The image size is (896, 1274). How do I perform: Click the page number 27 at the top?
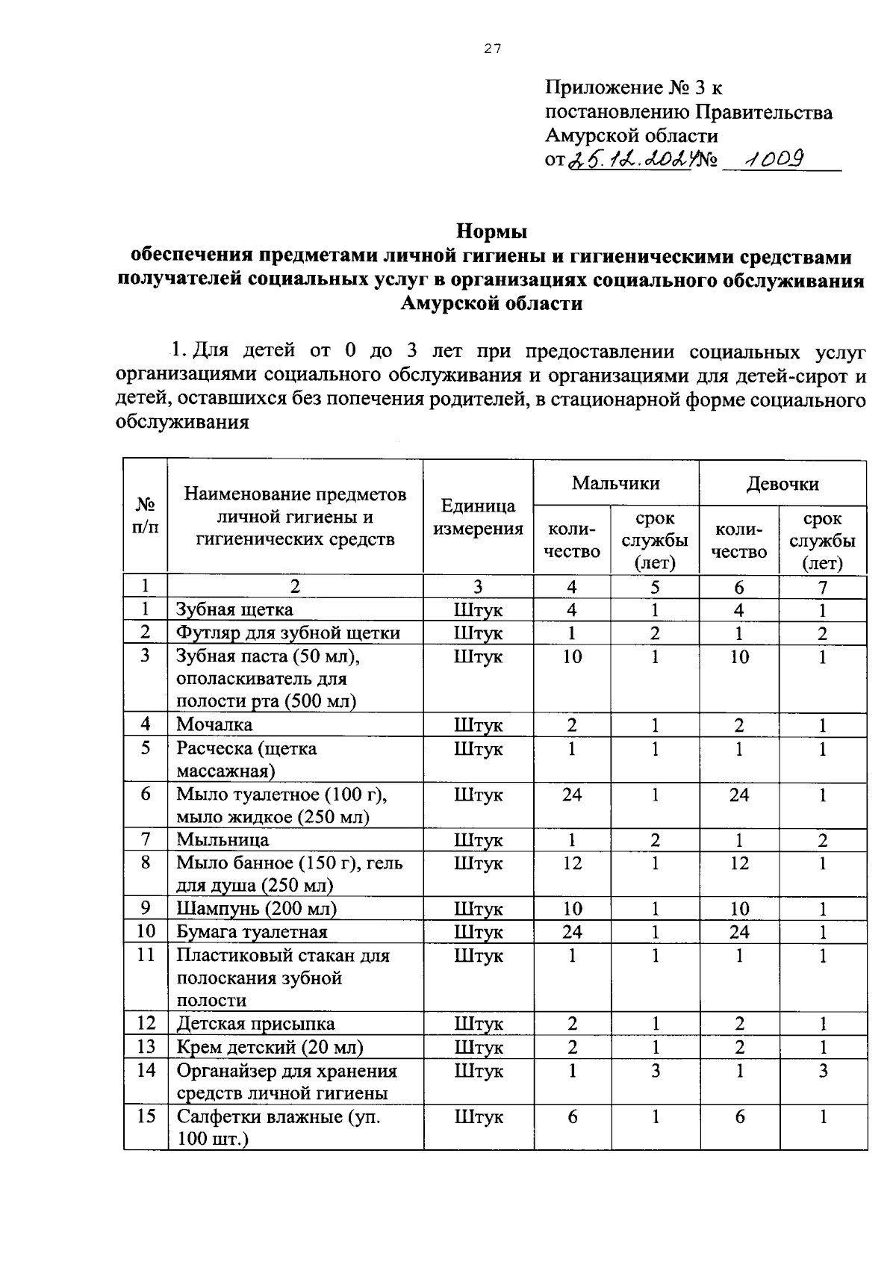click(x=492, y=49)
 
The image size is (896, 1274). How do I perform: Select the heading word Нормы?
click(x=491, y=232)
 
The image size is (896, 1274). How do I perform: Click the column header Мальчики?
click(x=616, y=483)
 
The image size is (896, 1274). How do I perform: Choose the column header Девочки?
click(x=783, y=483)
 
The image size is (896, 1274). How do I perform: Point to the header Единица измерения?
click(x=478, y=518)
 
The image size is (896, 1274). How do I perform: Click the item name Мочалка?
click(x=214, y=724)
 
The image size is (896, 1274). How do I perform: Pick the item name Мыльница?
click(x=223, y=840)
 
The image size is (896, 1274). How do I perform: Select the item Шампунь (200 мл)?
click(x=256, y=909)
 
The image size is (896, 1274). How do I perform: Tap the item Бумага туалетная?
click(x=252, y=932)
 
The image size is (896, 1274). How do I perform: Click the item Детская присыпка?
click(x=255, y=1024)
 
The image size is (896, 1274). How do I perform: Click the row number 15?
click(x=146, y=1116)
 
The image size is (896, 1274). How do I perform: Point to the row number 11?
click(x=146, y=955)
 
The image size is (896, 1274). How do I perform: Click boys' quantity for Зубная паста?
click(x=572, y=656)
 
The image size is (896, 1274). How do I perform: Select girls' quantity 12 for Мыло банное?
click(x=739, y=863)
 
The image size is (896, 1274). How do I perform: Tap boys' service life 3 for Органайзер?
click(x=655, y=1071)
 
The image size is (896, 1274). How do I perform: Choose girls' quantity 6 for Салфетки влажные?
click(x=739, y=1116)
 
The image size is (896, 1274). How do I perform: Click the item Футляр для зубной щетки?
click(x=288, y=633)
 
